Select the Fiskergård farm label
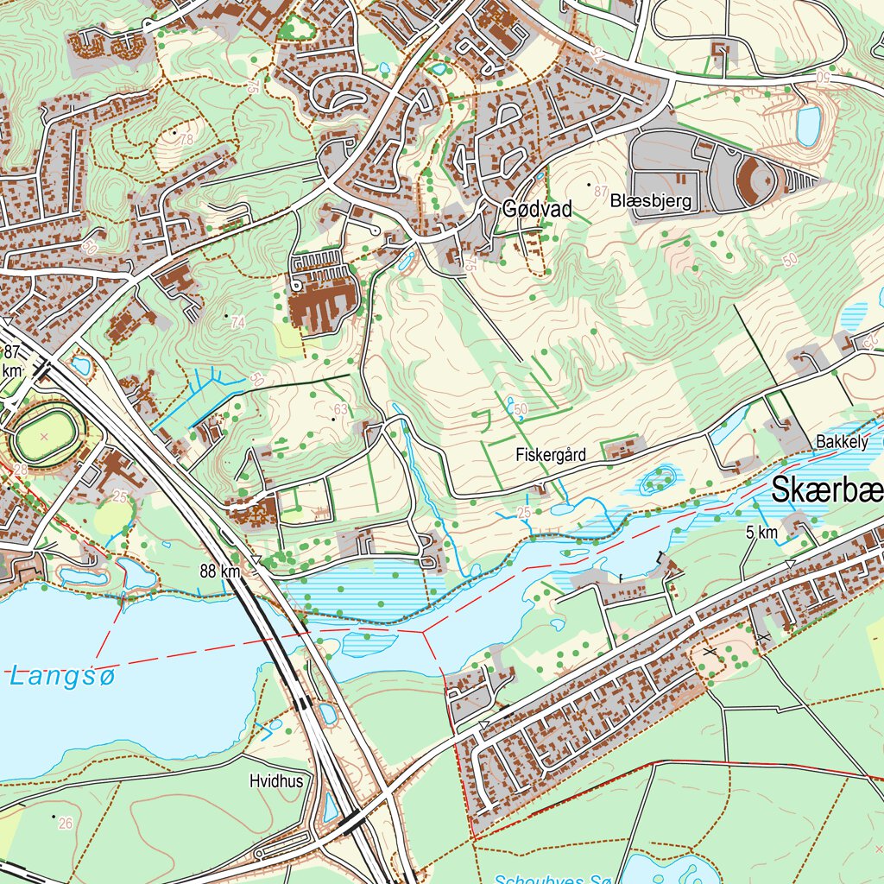[552, 454]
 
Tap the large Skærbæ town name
[826, 491]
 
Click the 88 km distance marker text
[218, 571]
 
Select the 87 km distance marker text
[11, 360]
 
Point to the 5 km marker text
[761, 534]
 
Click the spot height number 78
[186, 140]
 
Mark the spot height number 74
[238, 322]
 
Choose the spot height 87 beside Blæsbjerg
[602, 191]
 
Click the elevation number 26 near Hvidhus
[66, 824]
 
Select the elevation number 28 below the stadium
[20, 468]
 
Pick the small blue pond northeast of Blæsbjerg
[808, 126]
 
